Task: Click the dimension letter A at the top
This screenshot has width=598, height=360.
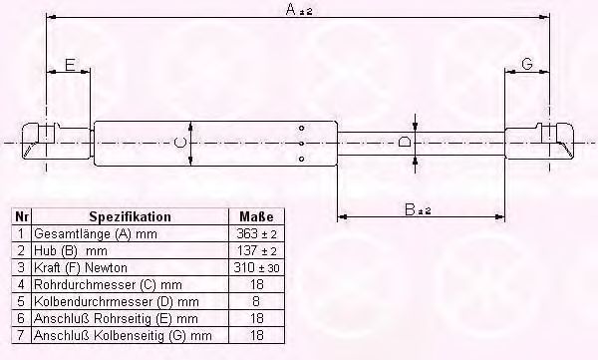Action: pos(291,9)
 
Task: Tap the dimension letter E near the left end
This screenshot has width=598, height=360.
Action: pos(70,65)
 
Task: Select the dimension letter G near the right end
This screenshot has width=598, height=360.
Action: pos(526,64)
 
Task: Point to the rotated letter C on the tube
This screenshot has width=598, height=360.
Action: pos(179,143)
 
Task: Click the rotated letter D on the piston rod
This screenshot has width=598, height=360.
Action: pos(405,143)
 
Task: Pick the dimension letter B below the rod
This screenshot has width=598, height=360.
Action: pos(410,209)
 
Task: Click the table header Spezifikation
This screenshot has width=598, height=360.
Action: pos(130,216)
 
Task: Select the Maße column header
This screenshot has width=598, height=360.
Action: pos(256,216)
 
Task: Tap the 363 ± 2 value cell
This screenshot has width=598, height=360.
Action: pos(256,233)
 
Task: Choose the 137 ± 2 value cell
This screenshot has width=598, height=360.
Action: pos(256,250)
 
